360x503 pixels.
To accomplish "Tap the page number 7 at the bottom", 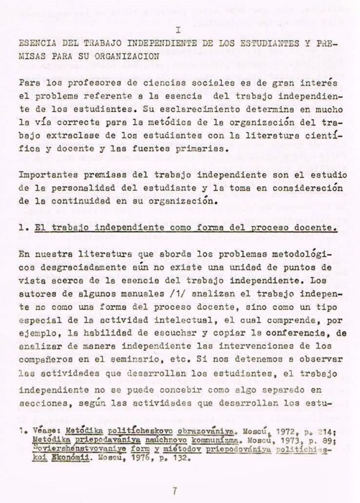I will coord(174,475).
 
